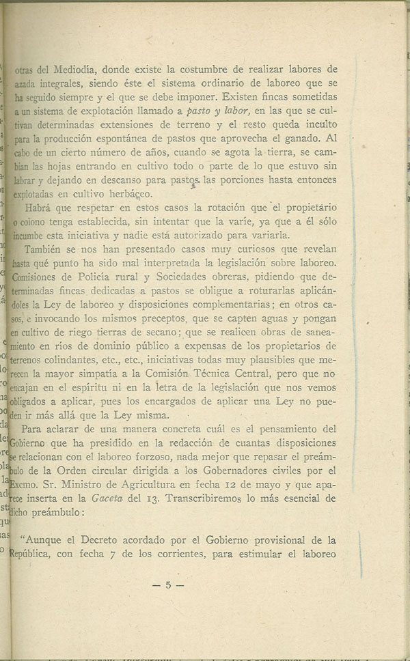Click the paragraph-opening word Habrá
pos(38,210)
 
